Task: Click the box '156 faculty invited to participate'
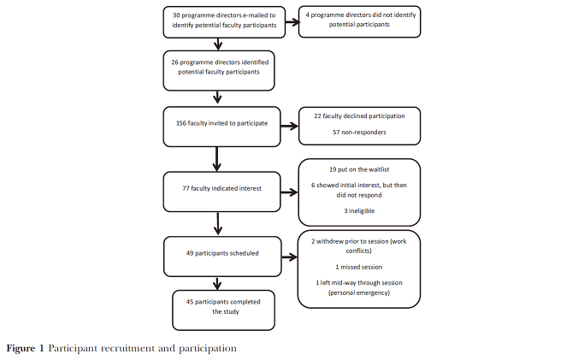[x=221, y=127]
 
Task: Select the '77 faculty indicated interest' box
[x=221, y=192]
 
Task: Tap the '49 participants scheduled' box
[x=222, y=257]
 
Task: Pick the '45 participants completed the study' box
[x=223, y=310]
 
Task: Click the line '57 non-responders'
[x=359, y=133]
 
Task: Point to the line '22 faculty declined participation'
[x=359, y=116]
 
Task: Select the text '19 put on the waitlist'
[x=359, y=169]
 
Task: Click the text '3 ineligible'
[x=359, y=210]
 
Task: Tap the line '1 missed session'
[x=359, y=267]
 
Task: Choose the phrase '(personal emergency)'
[x=359, y=292]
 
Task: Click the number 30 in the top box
[x=176, y=15]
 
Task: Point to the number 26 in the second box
[x=174, y=62]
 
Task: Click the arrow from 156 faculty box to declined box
[x=289, y=127]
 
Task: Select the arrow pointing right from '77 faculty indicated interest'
[x=289, y=192]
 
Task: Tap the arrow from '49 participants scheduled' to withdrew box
[x=290, y=257]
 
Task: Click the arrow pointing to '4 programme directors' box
[x=292, y=22]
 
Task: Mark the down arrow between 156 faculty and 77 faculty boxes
[x=217, y=159]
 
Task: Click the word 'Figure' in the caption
[x=21, y=349]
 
